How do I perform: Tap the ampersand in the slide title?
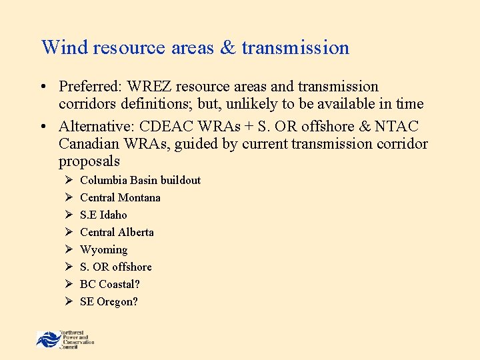point(227,48)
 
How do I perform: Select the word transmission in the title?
point(295,48)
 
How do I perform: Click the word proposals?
point(89,161)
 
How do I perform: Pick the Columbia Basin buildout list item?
point(140,181)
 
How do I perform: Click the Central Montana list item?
point(120,198)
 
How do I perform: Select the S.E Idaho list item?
point(103,215)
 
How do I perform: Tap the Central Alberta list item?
point(117,233)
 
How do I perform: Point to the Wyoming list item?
point(103,250)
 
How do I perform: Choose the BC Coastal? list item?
point(110,285)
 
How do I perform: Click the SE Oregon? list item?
point(109,302)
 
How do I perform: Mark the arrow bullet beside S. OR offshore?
point(68,267)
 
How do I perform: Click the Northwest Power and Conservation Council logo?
point(65,339)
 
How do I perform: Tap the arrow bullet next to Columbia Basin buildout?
point(68,181)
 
